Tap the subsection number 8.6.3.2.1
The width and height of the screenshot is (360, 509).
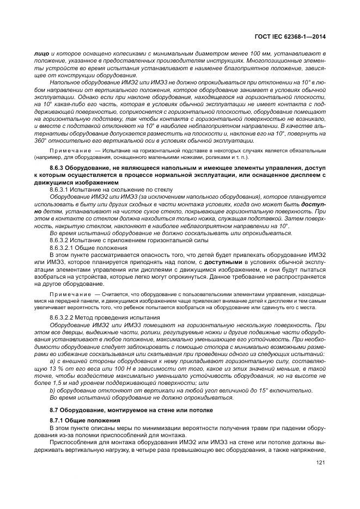63,247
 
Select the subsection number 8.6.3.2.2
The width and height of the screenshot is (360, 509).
63,316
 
